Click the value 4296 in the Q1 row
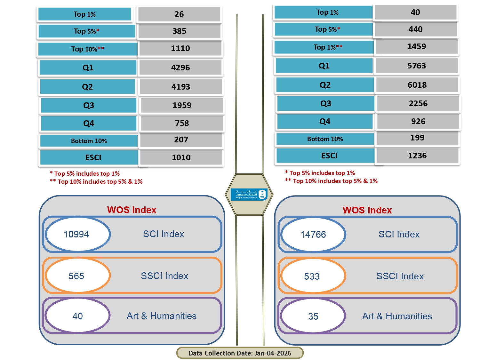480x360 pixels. point(180,68)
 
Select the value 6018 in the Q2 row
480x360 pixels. point(417,85)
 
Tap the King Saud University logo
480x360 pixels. point(249,194)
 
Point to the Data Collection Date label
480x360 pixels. point(240,353)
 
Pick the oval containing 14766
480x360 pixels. point(313,235)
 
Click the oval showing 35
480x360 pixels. point(313,316)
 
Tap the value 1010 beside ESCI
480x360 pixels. point(181,157)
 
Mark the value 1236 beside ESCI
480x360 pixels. point(417,156)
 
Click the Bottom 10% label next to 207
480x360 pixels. point(89,141)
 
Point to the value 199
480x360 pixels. point(417,138)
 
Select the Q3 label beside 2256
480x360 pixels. point(326,103)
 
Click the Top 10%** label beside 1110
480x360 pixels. point(88,49)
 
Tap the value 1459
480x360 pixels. point(417,47)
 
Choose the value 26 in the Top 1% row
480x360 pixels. point(179,14)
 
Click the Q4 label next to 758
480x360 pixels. point(89,124)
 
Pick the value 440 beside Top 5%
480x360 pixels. point(416,29)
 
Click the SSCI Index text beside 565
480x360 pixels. point(164,276)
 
